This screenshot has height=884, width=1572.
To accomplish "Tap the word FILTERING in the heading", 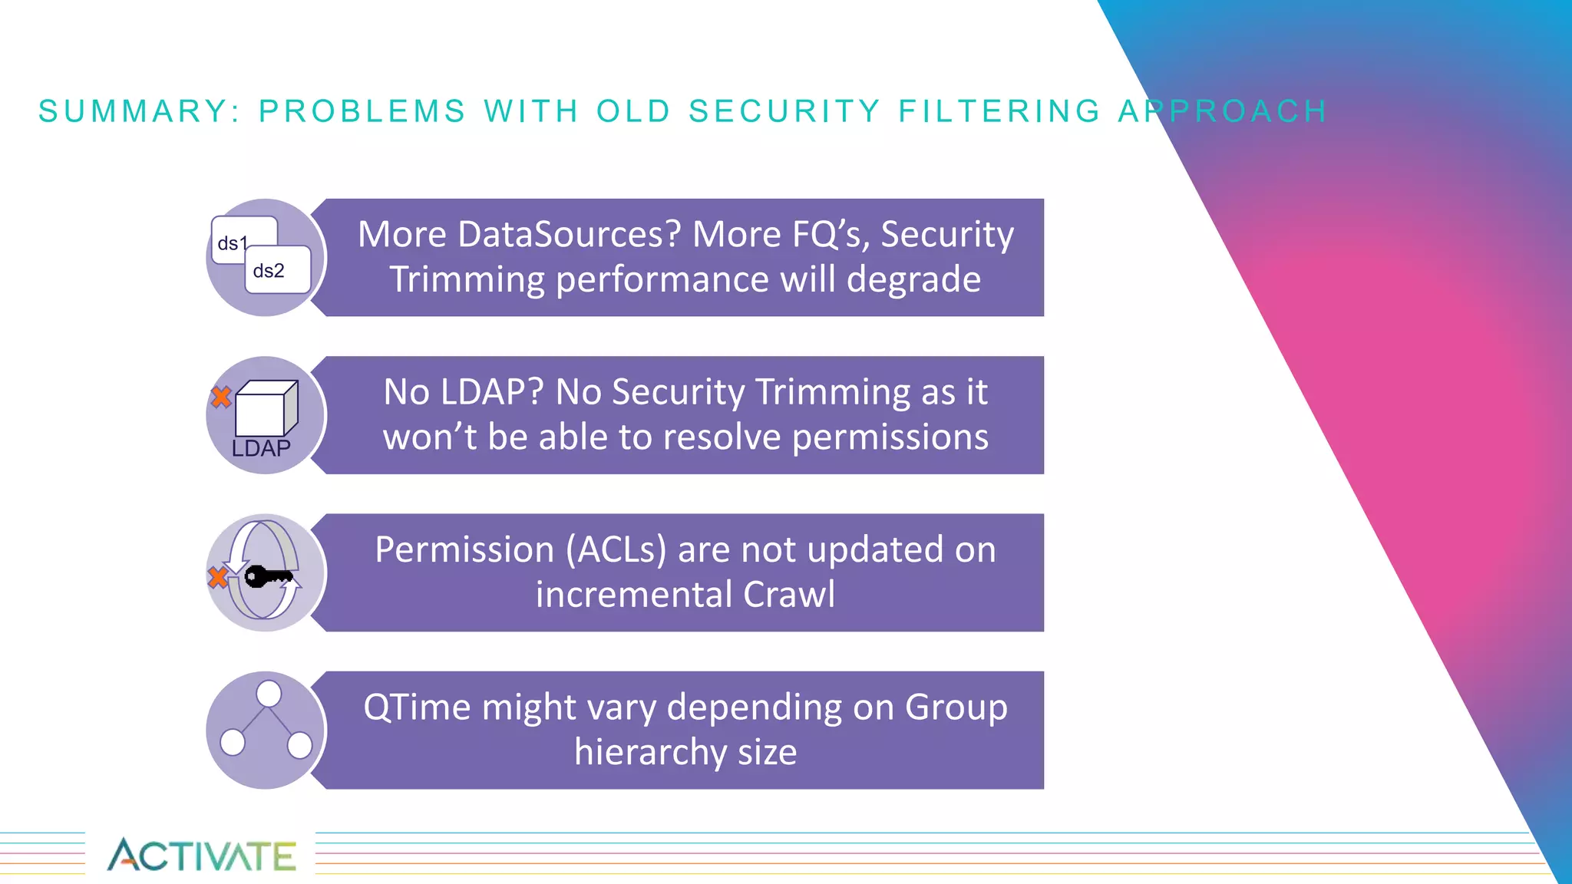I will (x=1000, y=111).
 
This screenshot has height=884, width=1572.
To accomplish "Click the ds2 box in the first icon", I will (x=277, y=270).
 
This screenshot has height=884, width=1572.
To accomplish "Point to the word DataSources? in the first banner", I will (x=569, y=234).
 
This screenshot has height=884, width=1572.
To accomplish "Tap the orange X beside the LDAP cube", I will (x=221, y=397).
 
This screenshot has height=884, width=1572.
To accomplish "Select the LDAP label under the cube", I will (x=261, y=448).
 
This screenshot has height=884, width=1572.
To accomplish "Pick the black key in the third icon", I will (x=267, y=576).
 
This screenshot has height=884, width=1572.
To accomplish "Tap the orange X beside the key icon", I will (x=218, y=577).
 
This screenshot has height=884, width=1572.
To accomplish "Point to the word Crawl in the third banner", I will (x=789, y=595).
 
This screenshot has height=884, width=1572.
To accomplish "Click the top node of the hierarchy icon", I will (x=269, y=694).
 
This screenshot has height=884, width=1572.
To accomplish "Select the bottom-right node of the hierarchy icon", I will (x=299, y=744).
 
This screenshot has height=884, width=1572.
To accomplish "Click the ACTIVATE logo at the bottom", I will (x=201, y=855).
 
